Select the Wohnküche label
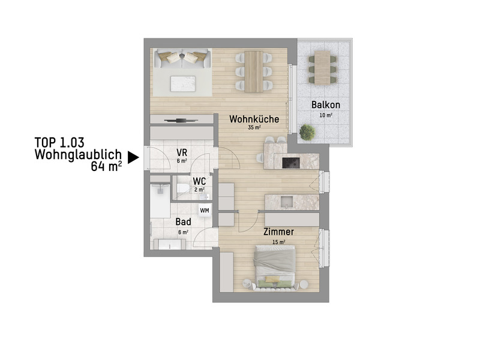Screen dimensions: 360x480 coord(254,119)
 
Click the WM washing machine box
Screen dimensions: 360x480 coord(205,210)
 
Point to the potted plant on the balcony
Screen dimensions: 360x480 coord(307,131)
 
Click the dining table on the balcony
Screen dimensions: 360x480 coord(323,67)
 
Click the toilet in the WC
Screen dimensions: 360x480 coord(184,190)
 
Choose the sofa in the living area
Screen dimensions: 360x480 coord(183,58)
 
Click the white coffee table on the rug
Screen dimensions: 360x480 coord(184,83)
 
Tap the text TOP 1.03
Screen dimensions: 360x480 coord(59,142)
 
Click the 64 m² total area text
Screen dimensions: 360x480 coord(106,166)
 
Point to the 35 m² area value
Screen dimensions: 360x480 coord(254,128)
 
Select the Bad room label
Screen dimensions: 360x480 coord(183,222)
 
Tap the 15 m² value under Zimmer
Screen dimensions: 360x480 coord(278,242)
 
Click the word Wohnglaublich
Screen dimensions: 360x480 coord(78,154)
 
